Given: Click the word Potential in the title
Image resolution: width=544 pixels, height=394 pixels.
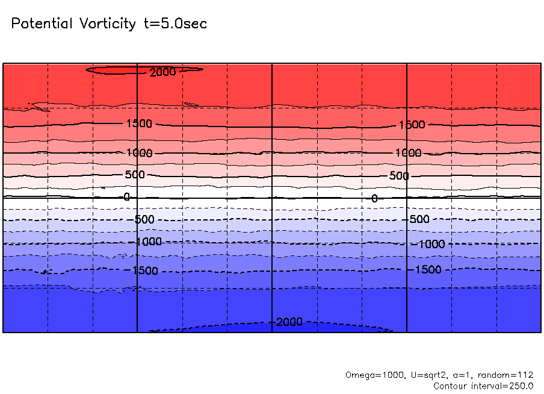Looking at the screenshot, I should click(42, 24).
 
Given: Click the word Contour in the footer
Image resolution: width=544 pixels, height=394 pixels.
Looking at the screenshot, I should click(450, 386).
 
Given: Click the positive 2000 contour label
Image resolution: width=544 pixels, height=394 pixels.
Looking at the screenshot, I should click(163, 72).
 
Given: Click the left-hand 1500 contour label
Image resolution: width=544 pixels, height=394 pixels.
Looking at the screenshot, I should click(139, 124).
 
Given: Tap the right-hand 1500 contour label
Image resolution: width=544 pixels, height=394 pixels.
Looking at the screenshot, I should click(412, 125).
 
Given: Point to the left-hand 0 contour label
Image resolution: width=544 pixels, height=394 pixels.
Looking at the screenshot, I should click(126, 197).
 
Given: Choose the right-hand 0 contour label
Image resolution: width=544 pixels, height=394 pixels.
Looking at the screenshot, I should click(374, 198).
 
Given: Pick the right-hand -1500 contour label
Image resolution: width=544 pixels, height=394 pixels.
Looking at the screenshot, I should click(428, 269).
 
